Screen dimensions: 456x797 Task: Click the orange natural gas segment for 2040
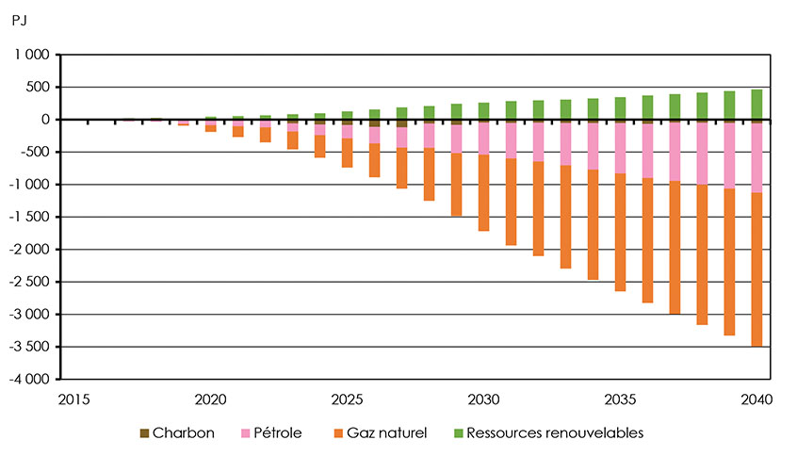coord(756,269)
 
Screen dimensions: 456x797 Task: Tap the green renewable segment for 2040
coord(756,104)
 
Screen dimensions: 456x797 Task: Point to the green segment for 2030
coord(483,110)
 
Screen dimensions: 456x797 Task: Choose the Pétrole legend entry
coord(272,433)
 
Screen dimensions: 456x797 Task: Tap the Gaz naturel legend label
coord(382,433)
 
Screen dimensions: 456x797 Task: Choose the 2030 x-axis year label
coord(483,399)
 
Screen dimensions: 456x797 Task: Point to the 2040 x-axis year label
coord(756,399)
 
